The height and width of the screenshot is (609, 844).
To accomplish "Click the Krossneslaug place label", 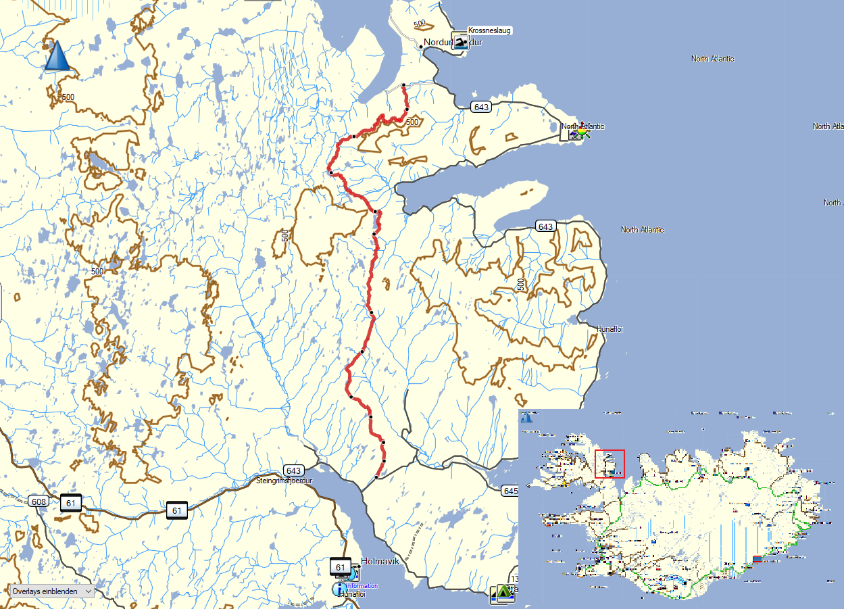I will click(489, 30).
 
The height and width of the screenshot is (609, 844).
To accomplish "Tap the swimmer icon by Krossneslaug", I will click(460, 43).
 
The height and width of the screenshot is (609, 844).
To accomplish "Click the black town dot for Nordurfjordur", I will click(421, 46).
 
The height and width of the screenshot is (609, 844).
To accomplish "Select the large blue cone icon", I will click(57, 56).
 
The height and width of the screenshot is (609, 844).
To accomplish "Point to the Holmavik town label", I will click(381, 561).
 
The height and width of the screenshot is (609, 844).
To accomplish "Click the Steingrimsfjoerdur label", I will click(286, 481).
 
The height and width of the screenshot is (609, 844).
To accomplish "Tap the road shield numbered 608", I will click(38, 501).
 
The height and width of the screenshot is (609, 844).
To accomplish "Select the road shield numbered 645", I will click(511, 490).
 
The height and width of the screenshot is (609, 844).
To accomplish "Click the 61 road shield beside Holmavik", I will click(340, 566).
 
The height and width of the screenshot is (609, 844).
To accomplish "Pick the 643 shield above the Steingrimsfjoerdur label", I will click(293, 470).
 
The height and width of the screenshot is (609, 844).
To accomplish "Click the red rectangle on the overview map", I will click(610, 464).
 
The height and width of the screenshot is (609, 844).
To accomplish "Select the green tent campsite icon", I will click(503, 593).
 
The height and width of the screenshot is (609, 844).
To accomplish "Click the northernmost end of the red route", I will click(403, 85).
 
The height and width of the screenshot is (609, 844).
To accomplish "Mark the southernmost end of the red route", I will click(376, 477).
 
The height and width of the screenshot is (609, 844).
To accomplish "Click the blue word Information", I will click(362, 586).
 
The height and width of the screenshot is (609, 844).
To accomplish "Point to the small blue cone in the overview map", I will click(526, 417).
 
